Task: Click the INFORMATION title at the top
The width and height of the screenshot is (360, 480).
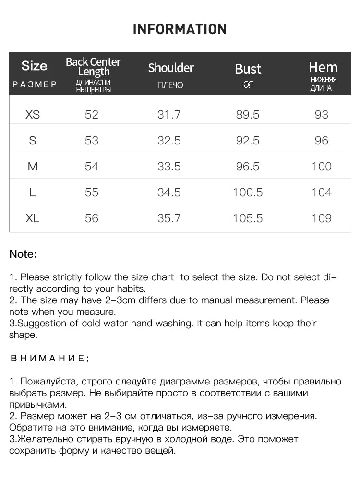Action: coord(180,29)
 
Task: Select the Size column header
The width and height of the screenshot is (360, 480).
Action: coord(35,66)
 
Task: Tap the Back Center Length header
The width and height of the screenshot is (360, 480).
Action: coord(93,67)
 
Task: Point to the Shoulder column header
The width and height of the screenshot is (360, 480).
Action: coord(171,68)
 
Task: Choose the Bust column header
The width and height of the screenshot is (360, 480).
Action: coord(248,69)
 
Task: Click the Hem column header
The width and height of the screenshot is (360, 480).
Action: coord(323,67)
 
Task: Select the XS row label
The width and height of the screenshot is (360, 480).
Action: coord(33,114)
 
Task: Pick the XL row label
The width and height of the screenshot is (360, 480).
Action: coord(33,218)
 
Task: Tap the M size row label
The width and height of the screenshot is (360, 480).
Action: coord(33,167)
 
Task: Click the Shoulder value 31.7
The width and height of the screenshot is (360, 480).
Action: coord(169,114)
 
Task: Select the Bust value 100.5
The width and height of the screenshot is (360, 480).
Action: coord(248,192)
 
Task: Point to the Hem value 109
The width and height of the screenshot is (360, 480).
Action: coord(321,218)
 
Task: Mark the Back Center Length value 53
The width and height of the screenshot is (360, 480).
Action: coord(91,140)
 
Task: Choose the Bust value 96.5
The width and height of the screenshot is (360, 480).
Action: coord(248,167)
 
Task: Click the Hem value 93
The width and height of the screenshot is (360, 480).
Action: coord(321,114)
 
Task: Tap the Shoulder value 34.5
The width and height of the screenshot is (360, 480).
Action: coord(169,192)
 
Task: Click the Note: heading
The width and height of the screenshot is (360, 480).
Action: coord(23,254)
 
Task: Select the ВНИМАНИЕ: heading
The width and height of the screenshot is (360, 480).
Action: coord(49,358)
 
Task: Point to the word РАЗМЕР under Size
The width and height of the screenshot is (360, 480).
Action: coord(35,84)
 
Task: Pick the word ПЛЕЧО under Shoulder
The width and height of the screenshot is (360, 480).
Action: coord(170,85)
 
